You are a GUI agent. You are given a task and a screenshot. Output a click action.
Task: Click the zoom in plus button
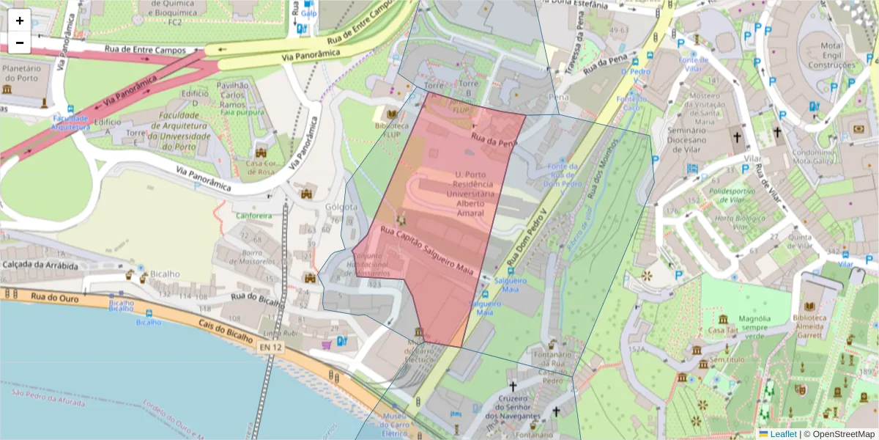coord(20,21)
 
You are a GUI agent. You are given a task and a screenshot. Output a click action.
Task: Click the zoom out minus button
coord(20,43)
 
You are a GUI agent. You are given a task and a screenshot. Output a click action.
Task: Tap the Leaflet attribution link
coord(783,434)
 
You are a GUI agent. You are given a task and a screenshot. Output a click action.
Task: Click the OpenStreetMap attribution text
coord(839,434)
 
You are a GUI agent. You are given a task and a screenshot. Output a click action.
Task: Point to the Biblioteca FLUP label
coord(390,130)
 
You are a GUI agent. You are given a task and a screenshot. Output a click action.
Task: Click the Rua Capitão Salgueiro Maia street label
coord(426,251)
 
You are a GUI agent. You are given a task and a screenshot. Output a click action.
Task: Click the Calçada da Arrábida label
coord(40,265)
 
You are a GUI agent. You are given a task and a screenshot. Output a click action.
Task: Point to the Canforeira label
coord(253,216)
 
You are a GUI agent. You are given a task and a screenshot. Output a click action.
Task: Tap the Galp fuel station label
coord(308,13)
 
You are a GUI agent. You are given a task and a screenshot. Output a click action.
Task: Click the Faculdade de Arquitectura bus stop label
coord(70,122)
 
